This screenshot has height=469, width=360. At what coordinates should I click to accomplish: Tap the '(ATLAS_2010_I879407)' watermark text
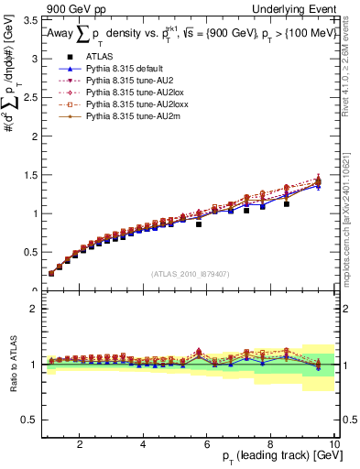click(190, 274)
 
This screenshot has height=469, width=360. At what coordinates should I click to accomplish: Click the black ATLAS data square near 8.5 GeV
click(287, 204)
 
